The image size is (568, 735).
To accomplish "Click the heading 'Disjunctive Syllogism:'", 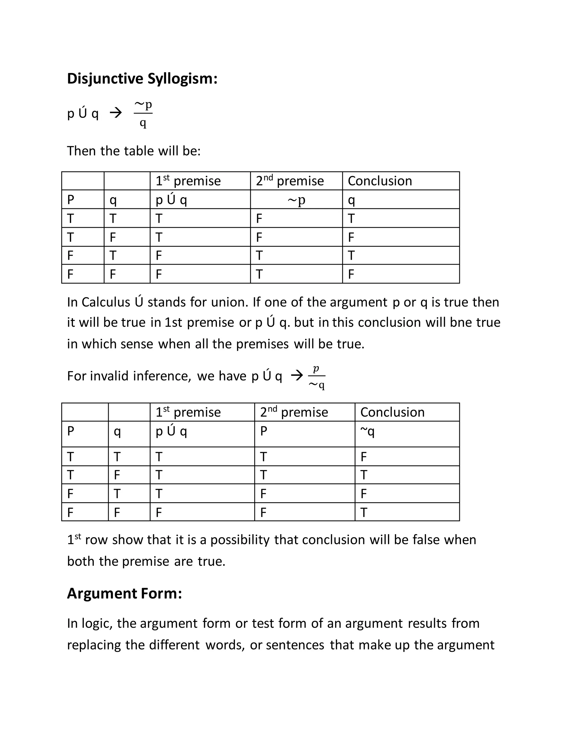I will tap(142, 79).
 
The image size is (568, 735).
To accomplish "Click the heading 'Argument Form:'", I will tap(124, 593).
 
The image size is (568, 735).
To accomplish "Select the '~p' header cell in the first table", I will tap(296, 200).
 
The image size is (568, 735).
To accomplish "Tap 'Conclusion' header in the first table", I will tap(380, 181).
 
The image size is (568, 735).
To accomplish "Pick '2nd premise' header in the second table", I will tap(294, 412).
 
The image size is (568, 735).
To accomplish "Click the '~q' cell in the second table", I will tap(367, 431).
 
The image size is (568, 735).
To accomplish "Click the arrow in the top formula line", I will tap(116, 113).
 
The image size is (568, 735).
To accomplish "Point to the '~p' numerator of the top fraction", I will tap(143, 104).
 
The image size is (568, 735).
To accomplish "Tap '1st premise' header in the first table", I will tap(188, 181).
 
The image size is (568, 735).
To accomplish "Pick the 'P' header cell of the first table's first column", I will tap(71, 200).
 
